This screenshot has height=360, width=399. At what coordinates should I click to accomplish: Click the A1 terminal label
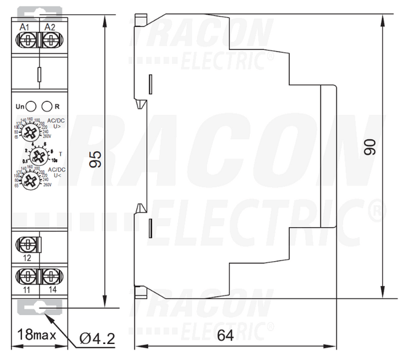coord(25,27)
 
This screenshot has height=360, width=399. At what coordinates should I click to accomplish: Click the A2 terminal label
coord(50,27)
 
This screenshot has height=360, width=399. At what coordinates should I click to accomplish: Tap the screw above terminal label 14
coord(52,275)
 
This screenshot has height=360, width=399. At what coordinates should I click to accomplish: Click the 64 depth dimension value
coord(225,337)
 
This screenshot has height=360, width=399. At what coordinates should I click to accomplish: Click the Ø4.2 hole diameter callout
coord(98,338)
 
